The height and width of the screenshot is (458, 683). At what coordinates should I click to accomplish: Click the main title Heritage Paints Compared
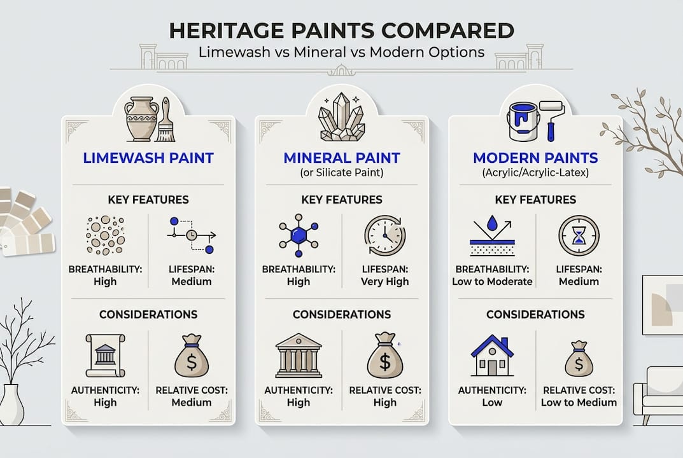click(x=341, y=30)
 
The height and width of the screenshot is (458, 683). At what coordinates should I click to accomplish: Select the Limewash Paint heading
click(x=148, y=157)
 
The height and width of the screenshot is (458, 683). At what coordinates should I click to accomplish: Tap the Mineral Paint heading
click(x=341, y=157)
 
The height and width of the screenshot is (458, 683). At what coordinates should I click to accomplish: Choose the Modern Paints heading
click(x=535, y=157)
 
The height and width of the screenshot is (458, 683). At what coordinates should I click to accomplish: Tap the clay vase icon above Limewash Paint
click(x=141, y=118)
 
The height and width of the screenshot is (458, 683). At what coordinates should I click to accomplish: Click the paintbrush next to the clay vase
click(x=167, y=120)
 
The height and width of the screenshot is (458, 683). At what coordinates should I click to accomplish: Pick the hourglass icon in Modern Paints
click(x=579, y=236)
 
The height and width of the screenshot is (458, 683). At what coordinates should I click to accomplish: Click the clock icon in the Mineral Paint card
click(x=384, y=236)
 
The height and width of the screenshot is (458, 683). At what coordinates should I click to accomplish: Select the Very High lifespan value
click(x=384, y=281)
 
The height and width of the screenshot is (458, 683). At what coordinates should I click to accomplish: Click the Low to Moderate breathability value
click(x=492, y=281)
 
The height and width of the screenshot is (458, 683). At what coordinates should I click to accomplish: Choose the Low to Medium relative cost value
click(x=579, y=402)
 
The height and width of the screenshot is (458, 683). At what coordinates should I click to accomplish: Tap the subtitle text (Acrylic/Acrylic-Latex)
click(x=535, y=172)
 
